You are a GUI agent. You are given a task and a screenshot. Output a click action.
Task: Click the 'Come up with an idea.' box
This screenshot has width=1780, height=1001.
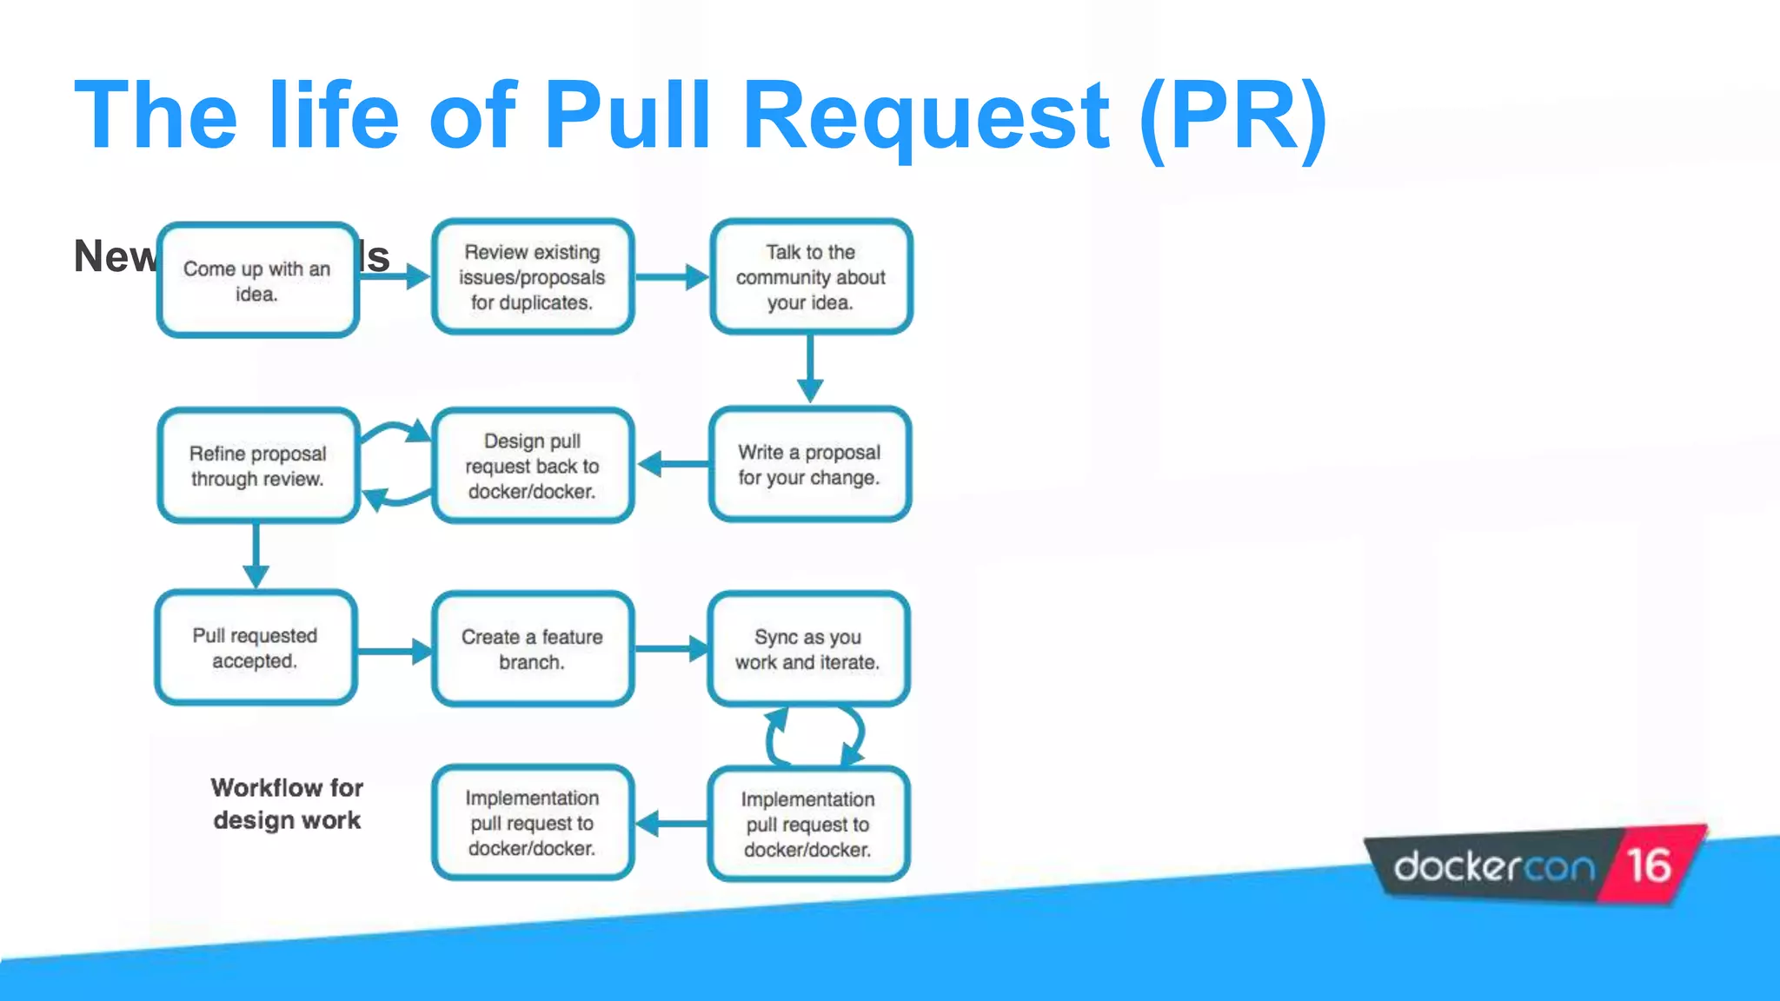pos(257,280)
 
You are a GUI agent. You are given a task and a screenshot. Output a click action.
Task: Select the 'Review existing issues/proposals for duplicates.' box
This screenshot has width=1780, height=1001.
pos(532,276)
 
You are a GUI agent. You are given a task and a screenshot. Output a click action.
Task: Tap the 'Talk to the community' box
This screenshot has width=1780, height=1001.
pos(810,276)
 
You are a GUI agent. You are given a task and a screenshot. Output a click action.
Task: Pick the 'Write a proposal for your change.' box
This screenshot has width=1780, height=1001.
pos(809,465)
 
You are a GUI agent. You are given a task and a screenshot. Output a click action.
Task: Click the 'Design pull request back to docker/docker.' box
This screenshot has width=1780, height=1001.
pos(532,466)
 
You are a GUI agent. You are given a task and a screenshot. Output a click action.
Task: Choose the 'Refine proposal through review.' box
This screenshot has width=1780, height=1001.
pos(257,466)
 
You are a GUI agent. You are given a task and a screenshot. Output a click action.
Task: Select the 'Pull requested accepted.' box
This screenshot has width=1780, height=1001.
pos(256,648)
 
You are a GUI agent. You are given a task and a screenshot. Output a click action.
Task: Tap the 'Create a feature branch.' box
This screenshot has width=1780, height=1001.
pos(532,649)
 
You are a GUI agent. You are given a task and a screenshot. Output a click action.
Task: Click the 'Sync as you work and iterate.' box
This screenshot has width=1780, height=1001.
pos(807,649)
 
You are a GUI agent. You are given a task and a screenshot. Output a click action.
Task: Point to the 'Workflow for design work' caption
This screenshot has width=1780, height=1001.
pos(287,804)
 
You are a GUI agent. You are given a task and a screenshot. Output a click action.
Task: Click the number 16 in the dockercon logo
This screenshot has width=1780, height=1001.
pos(1648,865)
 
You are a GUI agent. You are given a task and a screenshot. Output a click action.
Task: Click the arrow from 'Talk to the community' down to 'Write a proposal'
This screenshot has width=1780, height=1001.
pos(810,368)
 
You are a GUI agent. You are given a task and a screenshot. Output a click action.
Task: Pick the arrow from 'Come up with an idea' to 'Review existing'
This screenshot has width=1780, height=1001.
pos(395,277)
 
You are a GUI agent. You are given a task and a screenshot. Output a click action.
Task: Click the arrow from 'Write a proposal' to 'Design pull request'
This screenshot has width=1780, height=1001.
pos(673,464)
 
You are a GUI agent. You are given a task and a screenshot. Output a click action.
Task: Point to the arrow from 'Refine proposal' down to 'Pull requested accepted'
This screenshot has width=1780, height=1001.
pos(256,556)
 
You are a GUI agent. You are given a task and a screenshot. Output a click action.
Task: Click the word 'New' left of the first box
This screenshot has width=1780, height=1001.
pos(114,257)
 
